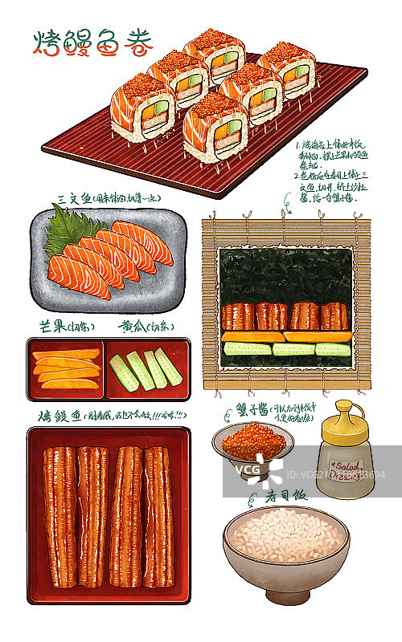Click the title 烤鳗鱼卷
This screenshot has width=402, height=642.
[92, 44]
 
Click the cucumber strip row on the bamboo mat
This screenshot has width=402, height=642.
[285, 349]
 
